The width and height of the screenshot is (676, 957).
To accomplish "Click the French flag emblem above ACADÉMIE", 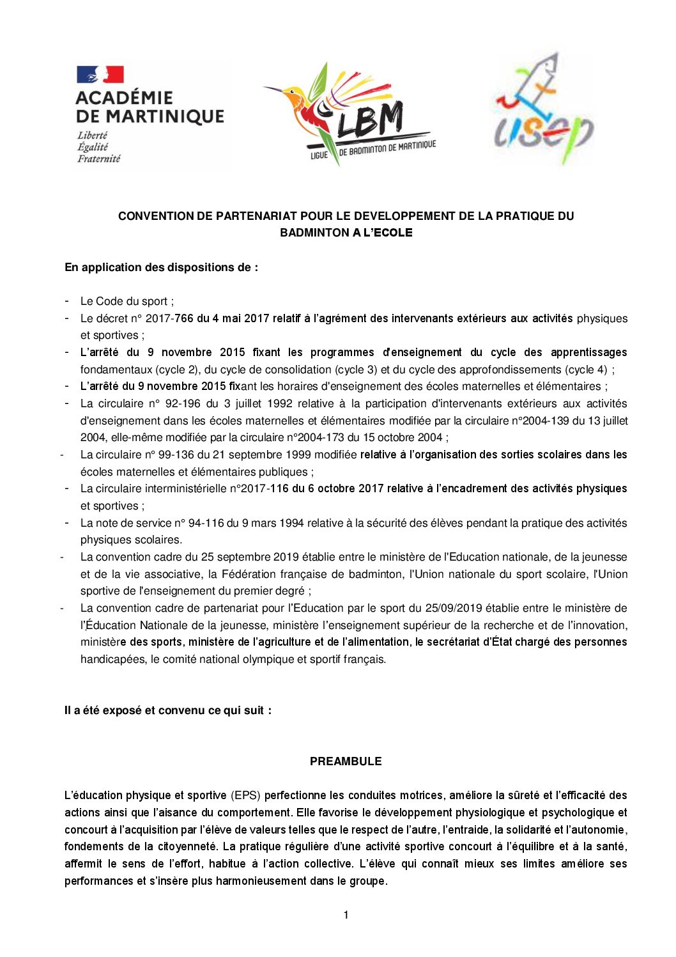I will point(100,75).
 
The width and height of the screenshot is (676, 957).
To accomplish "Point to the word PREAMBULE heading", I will point(346,761).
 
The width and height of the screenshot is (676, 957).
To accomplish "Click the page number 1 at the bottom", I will point(346,915).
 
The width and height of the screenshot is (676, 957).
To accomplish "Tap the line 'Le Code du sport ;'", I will point(127,301).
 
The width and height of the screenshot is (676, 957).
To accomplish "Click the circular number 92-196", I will point(181,403).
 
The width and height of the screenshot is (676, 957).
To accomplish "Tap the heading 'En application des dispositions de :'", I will point(161,267).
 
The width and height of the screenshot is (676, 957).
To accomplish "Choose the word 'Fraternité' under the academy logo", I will point(98,159).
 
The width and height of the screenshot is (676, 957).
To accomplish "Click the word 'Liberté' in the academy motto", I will point(92,136).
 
